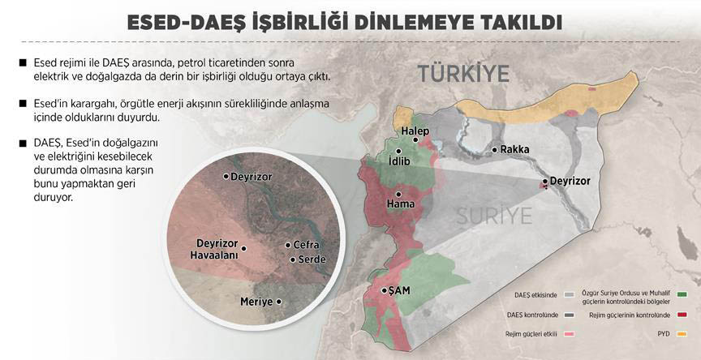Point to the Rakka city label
[x=514, y=150]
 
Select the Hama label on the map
[x=401, y=204]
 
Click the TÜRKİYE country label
[x=463, y=74]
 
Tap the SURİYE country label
[x=493, y=216]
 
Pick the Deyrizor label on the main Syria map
[x=570, y=181]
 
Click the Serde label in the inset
[x=312, y=259]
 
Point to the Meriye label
[x=257, y=302]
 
